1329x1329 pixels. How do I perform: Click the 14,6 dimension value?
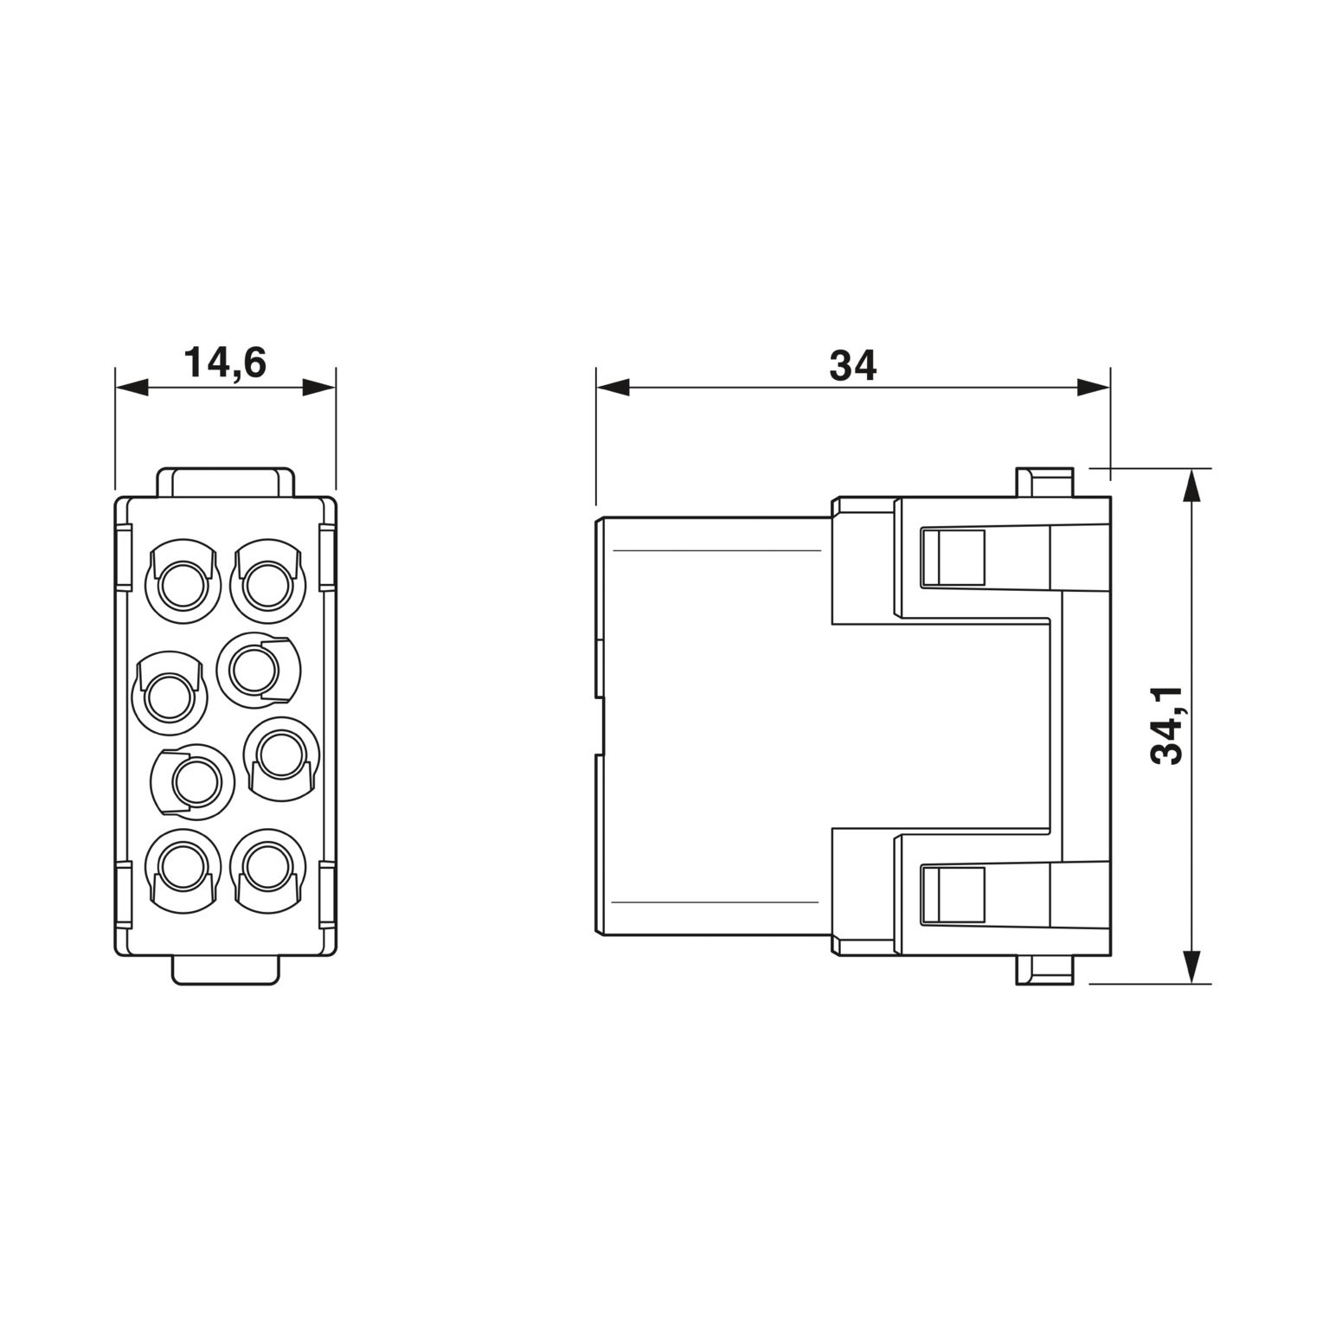tap(224, 363)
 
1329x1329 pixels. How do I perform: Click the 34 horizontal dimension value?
tap(852, 365)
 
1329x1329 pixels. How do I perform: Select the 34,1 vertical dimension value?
tap(1166, 725)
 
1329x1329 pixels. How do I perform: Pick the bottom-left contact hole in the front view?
tap(183, 868)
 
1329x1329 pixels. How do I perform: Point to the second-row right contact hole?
tap(258, 671)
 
